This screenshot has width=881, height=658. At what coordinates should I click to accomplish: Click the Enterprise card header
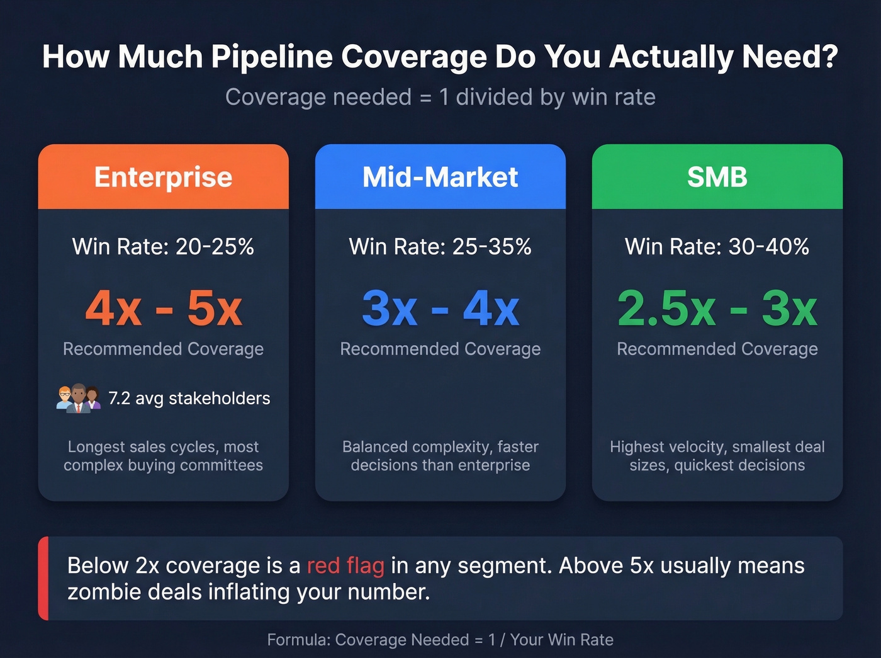(163, 177)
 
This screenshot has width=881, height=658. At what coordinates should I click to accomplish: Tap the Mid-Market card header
(440, 177)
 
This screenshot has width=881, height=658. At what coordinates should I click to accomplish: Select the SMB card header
(717, 177)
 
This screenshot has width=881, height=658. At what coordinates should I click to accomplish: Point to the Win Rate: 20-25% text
(163, 246)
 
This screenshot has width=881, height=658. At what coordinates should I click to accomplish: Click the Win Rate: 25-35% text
(440, 246)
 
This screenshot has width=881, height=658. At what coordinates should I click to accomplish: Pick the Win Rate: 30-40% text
(717, 246)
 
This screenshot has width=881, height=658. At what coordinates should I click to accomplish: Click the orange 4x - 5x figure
(164, 308)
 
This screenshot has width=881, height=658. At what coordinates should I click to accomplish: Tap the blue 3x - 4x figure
(441, 308)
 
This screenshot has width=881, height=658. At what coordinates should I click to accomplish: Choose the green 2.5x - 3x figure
(717, 308)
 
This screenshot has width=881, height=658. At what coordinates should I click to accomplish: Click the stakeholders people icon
(78, 398)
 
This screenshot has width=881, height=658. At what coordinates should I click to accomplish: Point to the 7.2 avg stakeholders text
(189, 398)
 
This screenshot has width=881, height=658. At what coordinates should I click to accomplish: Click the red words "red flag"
(345, 565)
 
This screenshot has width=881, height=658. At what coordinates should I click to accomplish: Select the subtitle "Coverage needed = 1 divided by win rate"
(441, 97)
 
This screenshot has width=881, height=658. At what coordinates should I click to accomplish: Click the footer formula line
(441, 640)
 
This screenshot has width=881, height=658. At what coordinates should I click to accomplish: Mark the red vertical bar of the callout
(43, 578)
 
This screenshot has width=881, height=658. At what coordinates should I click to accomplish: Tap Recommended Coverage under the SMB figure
(717, 349)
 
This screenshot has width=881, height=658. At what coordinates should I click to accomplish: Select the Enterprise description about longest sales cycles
(163, 456)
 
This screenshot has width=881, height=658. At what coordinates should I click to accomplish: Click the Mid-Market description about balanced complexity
(441, 456)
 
